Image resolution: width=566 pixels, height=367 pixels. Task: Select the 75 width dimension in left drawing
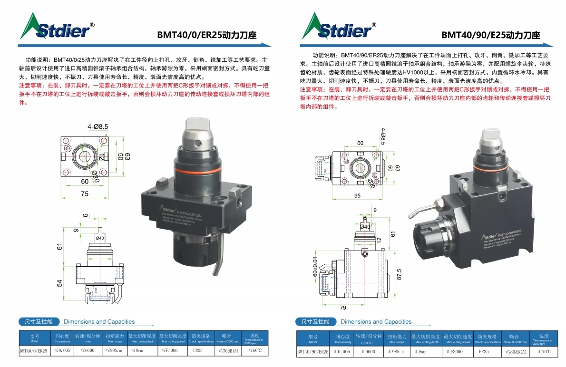coord(85,193)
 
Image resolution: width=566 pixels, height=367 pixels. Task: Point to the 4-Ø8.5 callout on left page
coord(98,126)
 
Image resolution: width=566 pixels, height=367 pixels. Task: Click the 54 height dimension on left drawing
coord(60,283)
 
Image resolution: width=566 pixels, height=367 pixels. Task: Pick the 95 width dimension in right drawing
coord(357,195)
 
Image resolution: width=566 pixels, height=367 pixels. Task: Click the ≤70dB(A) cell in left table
coord(228,351)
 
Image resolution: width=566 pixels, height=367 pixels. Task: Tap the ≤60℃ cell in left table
coord(254,351)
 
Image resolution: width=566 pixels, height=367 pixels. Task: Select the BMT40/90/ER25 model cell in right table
coord(312,352)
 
